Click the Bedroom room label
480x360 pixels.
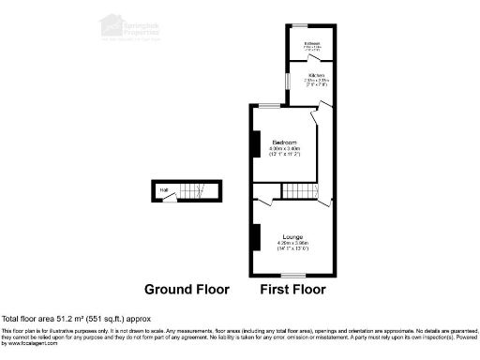click(282, 142)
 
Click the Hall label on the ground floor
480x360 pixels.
click(164, 192)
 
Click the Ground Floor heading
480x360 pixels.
click(186, 291)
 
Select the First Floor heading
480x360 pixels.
click(292, 291)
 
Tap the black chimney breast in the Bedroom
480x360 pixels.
click(254, 143)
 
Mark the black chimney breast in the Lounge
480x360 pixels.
click(254, 237)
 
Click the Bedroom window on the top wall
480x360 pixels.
click(273, 105)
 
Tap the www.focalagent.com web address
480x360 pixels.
click(31, 344)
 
